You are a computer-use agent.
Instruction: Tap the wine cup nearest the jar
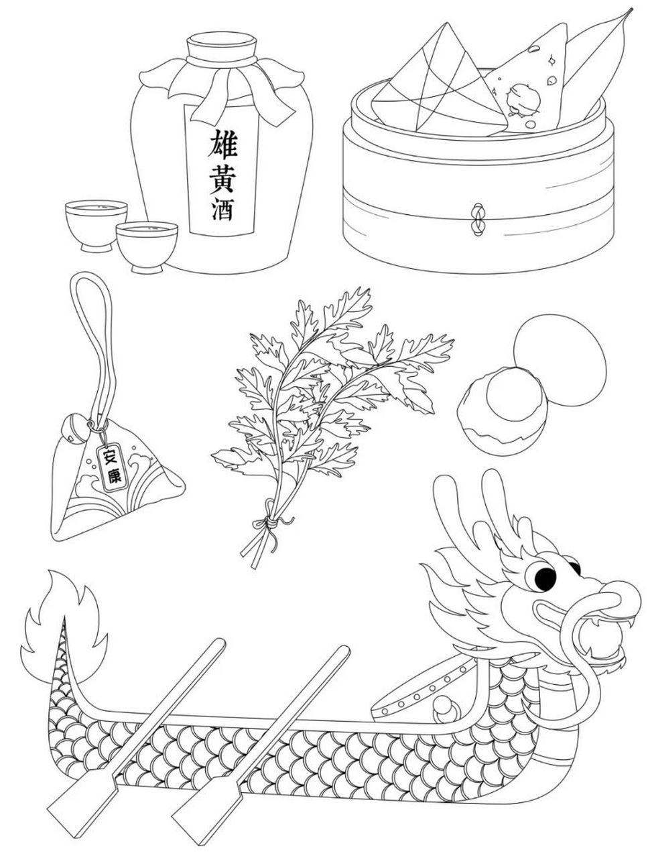point(146,244)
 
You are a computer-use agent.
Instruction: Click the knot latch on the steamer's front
point(477,219)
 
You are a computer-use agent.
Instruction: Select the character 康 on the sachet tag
point(115,476)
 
